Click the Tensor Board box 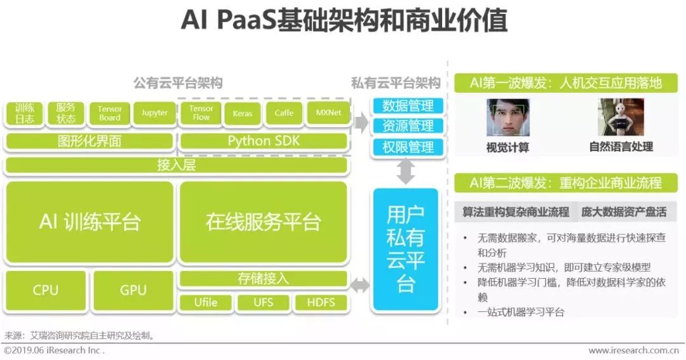[x=110, y=113]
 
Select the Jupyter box [x=154, y=113]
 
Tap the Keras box [x=242, y=113]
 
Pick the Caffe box [x=284, y=113]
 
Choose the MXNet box [x=328, y=113]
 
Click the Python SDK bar [x=263, y=140]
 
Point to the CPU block [x=45, y=290]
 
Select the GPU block [x=133, y=290]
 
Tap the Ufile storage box [x=205, y=302]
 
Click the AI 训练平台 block [x=89, y=222]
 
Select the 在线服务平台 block [x=263, y=222]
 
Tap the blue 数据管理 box [x=407, y=105]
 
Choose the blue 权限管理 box [x=407, y=147]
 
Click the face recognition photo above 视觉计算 [x=508, y=117]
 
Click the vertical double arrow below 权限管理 [x=406, y=171]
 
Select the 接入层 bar [x=176, y=166]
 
